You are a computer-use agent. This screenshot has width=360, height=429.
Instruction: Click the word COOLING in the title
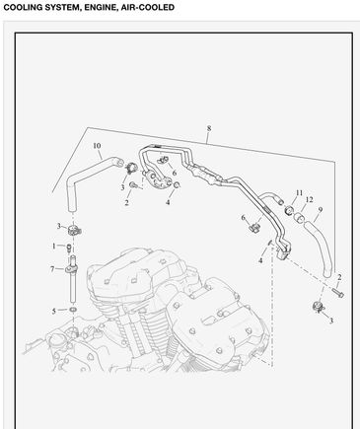(23, 7)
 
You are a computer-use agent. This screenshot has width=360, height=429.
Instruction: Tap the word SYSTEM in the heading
(63, 7)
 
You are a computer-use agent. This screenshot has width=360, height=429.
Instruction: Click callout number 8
(209, 128)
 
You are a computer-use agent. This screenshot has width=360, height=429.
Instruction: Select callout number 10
(97, 146)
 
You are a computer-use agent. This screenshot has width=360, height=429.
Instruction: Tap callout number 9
(320, 209)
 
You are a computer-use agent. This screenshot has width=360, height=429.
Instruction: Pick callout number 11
(299, 192)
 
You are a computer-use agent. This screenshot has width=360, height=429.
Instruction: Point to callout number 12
(309, 199)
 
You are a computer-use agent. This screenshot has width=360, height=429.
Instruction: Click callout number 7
(52, 269)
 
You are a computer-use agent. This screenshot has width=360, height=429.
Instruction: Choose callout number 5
(53, 311)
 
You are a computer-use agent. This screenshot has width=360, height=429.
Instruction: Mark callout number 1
(54, 246)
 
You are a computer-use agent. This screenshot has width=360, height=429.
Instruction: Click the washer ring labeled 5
(73, 310)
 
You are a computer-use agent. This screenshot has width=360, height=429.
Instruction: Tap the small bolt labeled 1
(69, 248)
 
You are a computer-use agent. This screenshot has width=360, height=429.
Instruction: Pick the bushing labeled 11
(289, 209)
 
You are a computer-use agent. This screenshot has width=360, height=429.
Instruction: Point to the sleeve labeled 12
(299, 217)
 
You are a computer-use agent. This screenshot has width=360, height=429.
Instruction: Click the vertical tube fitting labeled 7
(72, 279)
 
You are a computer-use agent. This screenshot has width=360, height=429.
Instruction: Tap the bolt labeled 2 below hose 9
(337, 292)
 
